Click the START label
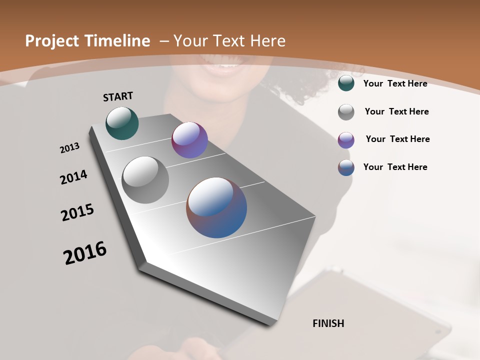click(x=118, y=96)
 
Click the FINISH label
click(x=328, y=323)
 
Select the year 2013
click(x=69, y=148)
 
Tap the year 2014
click(x=73, y=177)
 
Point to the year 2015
click(x=77, y=212)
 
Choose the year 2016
click(x=85, y=252)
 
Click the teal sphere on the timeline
click(x=122, y=123)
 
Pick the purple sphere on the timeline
click(x=189, y=140)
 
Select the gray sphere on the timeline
click(x=145, y=179)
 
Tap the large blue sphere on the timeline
click(x=216, y=207)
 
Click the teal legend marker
click(x=346, y=83)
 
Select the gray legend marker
click(x=346, y=111)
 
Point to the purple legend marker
click(x=346, y=139)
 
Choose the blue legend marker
click(x=346, y=167)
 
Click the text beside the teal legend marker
click(x=395, y=83)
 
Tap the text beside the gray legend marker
click(x=396, y=111)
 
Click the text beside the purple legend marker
click(x=397, y=139)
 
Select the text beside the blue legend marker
click(x=395, y=167)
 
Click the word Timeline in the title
click(x=118, y=41)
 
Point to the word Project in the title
click(x=52, y=41)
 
